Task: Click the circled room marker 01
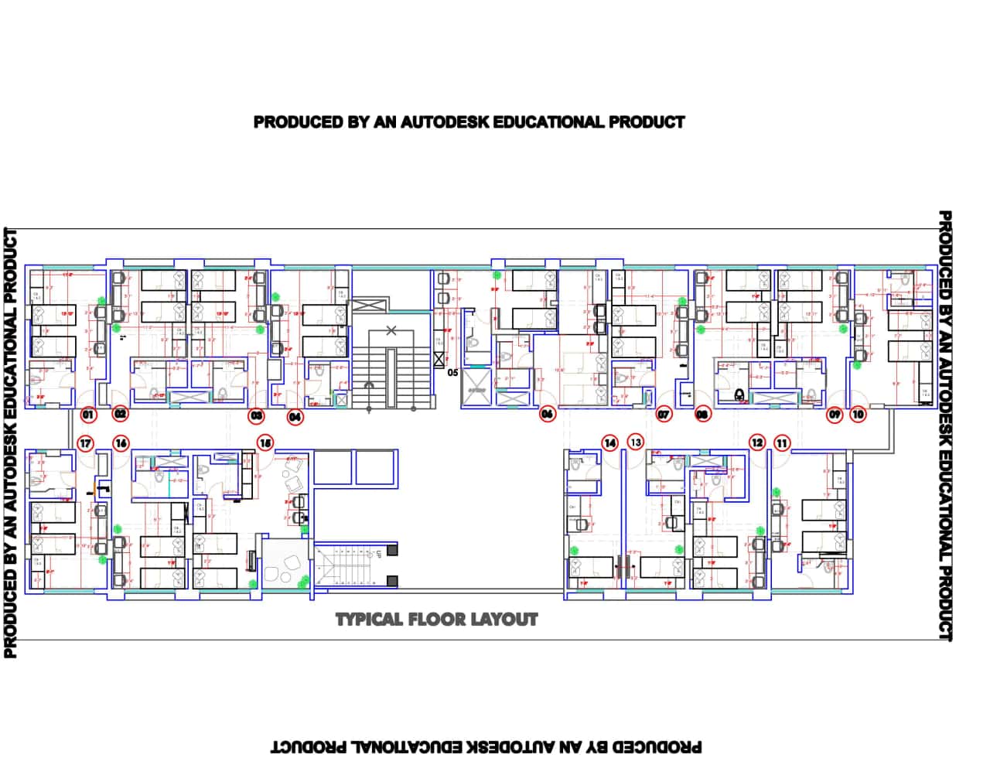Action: [x=88, y=415]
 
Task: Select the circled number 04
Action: [x=295, y=418]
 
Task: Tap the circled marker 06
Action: [x=548, y=415]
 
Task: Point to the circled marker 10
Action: [x=859, y=415]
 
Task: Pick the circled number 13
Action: [x=636, y=442]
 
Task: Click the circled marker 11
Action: [x=783, y=443]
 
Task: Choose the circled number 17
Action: [x=87, y=444]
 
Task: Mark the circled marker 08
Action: [x=702, y=415]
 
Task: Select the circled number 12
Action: [x=757, y=443]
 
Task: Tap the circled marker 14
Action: [x=611, y=443]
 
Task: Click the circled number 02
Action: [x=121, y=415]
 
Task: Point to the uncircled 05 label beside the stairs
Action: [x=452, y=372]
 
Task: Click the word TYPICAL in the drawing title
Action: [x=368, y=620]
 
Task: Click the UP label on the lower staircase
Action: [x=378, y=554]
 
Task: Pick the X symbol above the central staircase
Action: [x=391, y=331]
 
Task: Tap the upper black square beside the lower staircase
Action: [x=393, y=550]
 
